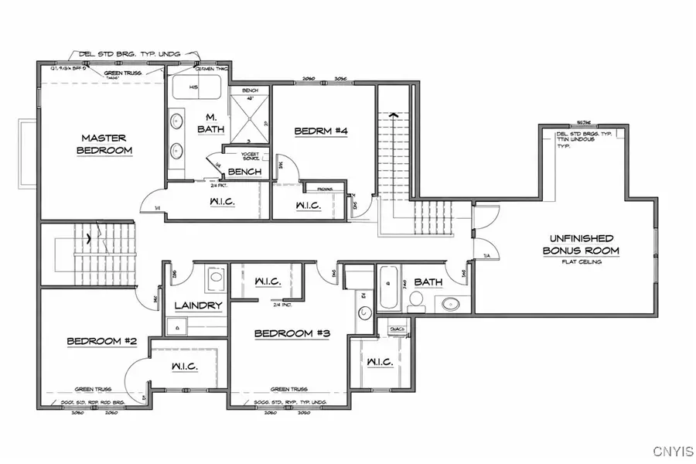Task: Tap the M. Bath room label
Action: coord(209,121)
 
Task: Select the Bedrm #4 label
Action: coord(321,131)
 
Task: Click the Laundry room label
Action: coord(198,305)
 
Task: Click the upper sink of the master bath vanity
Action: coord(176,120)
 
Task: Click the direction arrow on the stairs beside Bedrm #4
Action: coord(394,116)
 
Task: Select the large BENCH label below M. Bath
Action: coord(244,171)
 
